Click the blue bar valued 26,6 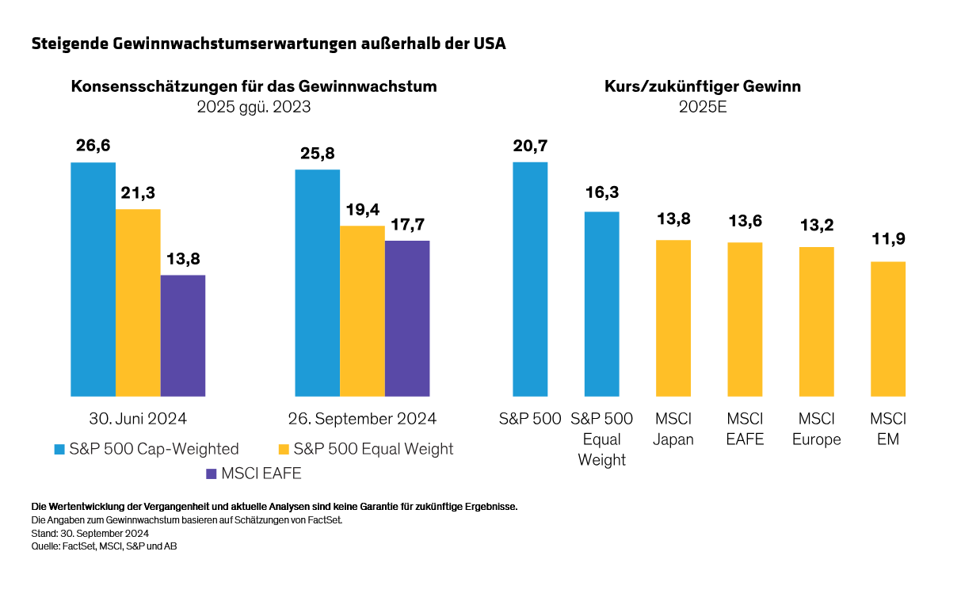pyautogui.click(x=93, y=279)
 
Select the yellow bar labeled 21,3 pyautogui.click(x=138, y=302)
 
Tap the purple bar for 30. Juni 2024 pyautogui.click(x=183, y=335)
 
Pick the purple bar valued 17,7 pyautogui.click(x=407, y=318)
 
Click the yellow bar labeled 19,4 pyautogui.click(x=362, y=310)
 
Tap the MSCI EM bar pyautogui.click(x=887, y=329)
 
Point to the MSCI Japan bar pyautogui.click(x=673, y=318)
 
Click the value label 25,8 pyautogui.click(x=317, y=152)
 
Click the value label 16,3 pyautogui.click(x=601, y=193)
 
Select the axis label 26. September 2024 pyautogui.click(x=362, y=419)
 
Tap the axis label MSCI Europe pyautogui.click(x=816, y=429)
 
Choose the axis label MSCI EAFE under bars pyautogui.click(x=745, y=429)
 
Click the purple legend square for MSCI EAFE pyautogui.click(x=211, y=474)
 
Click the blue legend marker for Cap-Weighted pyautogui.click(x=59, y=450)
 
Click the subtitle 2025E pyautogui.click(x=702, y=107)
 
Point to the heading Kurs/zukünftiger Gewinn pyautogui.click(x=702, y=86)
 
